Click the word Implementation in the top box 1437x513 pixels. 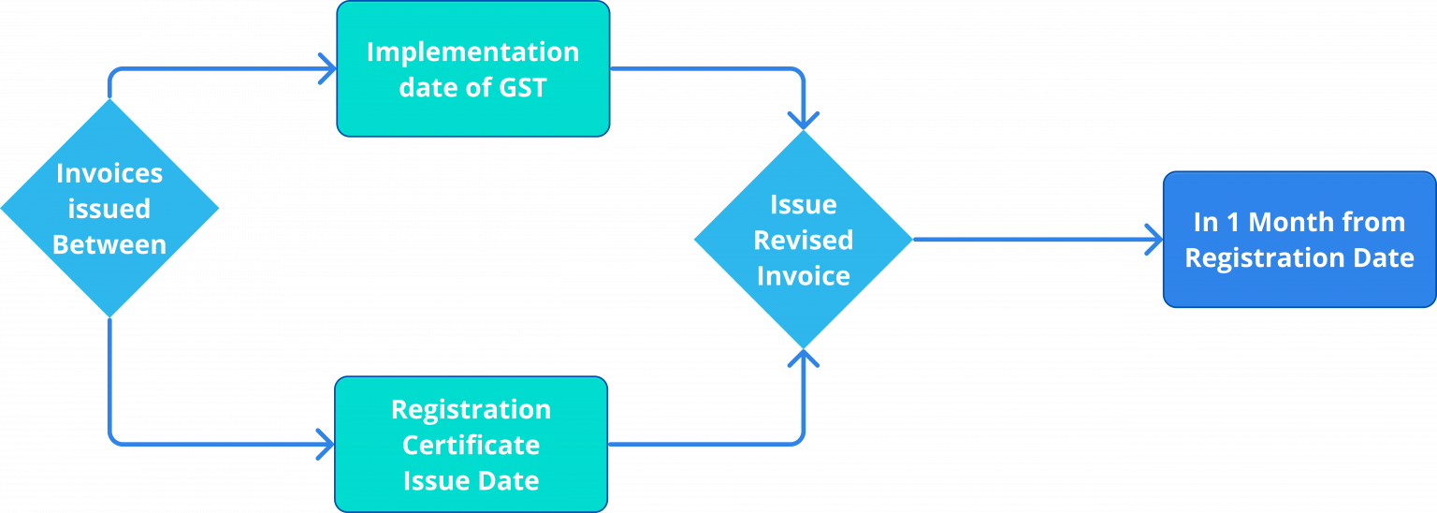click(472, 51)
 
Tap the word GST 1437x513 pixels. click(522, 88)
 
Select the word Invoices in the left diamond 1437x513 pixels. click(109, 173)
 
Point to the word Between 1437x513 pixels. click(109, 245)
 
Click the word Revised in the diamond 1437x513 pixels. click(804, 241)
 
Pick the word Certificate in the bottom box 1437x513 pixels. click(471, 445)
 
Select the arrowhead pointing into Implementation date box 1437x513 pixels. click(327, 68)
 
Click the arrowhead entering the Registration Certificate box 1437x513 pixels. click(326, 443)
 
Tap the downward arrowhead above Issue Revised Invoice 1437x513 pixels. click(804, 121)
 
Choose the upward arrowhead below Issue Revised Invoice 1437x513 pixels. click(804, 358)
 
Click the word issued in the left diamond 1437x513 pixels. click(109, 209)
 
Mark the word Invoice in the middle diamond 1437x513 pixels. click(804, 276)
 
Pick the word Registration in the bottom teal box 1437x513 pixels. click(471, 410)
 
